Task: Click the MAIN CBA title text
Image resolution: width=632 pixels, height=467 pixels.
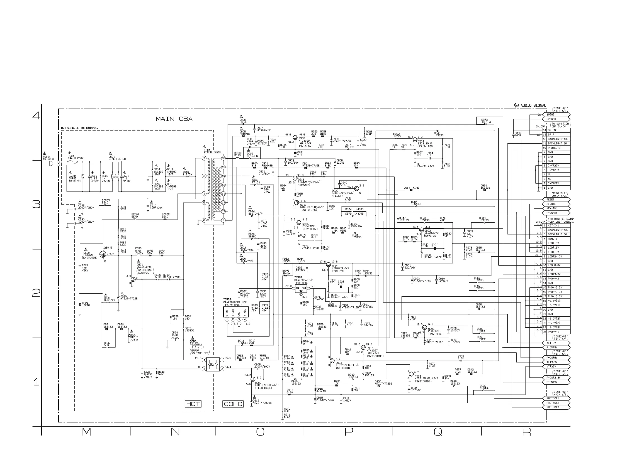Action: click(x=174, y=119)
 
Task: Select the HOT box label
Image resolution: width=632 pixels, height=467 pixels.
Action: click(x=193, y=404)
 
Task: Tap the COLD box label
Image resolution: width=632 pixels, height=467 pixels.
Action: click(x=233, y=404)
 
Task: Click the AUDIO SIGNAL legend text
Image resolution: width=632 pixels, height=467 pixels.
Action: click(x=533, y=105)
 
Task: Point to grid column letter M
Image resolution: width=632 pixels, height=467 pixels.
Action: click(x=86, y=432)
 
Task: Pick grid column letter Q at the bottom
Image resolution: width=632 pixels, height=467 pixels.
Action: click(x=437, y=432)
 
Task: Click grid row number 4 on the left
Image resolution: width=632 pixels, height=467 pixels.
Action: click(x=36, y=115)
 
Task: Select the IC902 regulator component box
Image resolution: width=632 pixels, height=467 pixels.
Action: click(x=236, y=312)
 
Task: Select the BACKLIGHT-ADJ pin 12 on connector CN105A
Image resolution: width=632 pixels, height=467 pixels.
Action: click(x=558, y=139)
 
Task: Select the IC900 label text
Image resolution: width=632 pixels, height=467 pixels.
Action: click(x=298, y=277)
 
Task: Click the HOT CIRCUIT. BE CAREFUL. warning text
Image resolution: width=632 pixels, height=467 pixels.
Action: click(x=79, y=128)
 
